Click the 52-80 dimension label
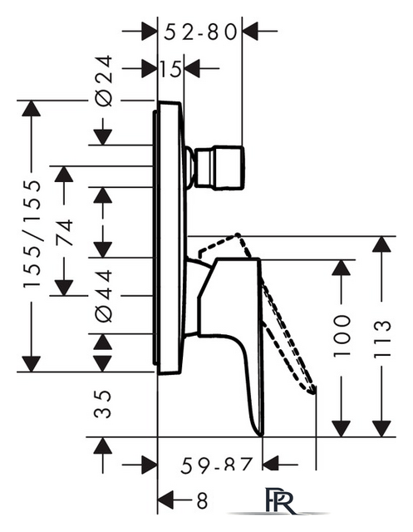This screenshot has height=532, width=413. pyautogui.click(x=200, y=32)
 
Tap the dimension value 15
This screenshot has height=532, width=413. pyautogui.click(x=170, y=69)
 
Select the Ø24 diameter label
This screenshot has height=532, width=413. pyautogui.click(x=103, y=81)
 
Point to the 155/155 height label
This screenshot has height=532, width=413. pyautogui.click(x=32, y=234)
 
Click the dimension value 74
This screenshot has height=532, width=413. pyautogui.click(x=64, y=233)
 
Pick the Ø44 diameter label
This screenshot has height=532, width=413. pyautogui.click(x=103, y=296)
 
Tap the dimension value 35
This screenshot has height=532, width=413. pyautogui.click(x=102, y=404)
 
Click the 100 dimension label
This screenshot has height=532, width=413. pyautogui.click(x=341, y=336)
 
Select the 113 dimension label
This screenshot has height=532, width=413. pyautogui.click(x=382, y=338)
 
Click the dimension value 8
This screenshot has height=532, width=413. pyautogui.click(x=203, y=500)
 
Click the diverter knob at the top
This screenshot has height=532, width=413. pyautogui.click(x=219, y=166)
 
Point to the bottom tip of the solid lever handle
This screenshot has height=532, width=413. pyautogui.click(x=261, y=436)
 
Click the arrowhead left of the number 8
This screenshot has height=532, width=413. pyautogui.click(x=166, y=500)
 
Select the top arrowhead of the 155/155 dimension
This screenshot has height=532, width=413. pyautogui.click(x=32, y=109)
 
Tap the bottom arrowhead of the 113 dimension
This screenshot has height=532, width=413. pyautogui.click(x=381, y=429)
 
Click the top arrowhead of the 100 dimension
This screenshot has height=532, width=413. pyautogui.click(x=341, y=268)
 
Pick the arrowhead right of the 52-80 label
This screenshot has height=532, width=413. pyautogui.click(x=250, y=31)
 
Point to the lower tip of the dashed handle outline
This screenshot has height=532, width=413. pyautogui.click(x=312, y=392)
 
